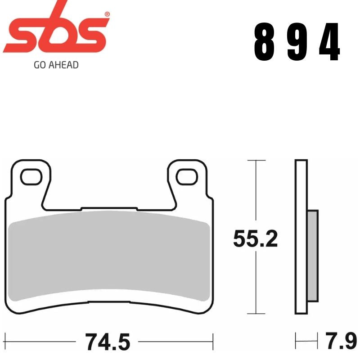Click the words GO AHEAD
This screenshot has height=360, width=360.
click(x=56, y=65)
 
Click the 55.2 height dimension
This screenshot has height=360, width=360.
click(x=255, y=238)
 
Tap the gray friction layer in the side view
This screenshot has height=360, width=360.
click(x=313, y=256)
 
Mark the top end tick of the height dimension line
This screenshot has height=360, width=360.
click(x=256, y=160)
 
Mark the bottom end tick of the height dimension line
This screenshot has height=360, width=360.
click(x=256, y=314)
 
